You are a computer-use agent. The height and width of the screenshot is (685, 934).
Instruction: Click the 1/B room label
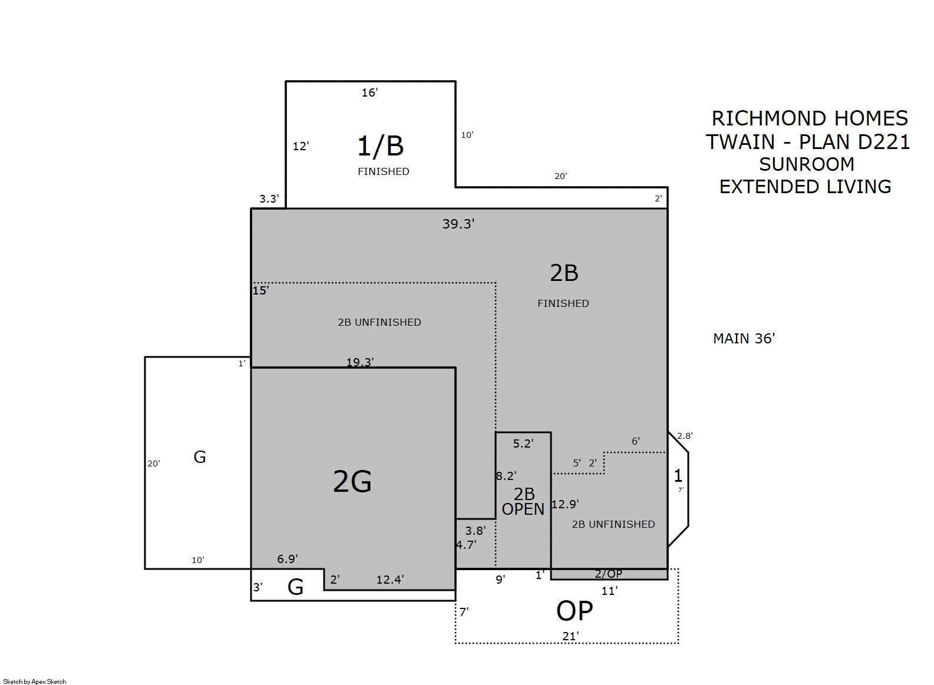pos(380,146)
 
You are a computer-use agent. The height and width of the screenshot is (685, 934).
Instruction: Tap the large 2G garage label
pos(352,481)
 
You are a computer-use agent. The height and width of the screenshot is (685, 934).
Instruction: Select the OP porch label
pos(574,611)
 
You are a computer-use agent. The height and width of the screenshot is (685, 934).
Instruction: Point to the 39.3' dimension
pos(458,224)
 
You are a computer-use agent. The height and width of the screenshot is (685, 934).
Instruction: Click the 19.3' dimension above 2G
pos(360,362)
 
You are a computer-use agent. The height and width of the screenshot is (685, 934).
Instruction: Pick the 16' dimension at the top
pos(369,92)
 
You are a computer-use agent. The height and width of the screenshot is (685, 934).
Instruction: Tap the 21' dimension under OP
pos(570,636)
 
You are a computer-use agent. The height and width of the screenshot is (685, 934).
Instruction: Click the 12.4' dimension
pos(390,579)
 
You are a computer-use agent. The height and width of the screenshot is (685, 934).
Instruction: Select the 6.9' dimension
pos(288,559)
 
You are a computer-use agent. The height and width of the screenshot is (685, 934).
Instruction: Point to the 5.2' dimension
pos(523,444)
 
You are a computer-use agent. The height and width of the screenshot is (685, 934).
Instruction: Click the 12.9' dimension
pos(565,504)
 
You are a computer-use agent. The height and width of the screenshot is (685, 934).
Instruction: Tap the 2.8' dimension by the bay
pos(685,436)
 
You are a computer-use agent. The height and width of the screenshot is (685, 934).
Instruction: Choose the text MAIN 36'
pos(744,338)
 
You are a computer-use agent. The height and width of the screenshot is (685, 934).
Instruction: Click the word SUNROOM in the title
pos(807,164)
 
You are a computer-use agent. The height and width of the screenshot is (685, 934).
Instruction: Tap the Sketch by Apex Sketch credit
pos(35,681)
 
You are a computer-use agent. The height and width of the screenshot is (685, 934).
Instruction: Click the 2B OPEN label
pos(523,502)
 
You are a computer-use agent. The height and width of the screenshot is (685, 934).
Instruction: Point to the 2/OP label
pos(608,574)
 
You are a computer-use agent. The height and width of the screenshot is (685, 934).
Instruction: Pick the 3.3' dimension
pos(269,198)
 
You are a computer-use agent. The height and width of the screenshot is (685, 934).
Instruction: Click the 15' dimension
pos(260,290)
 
